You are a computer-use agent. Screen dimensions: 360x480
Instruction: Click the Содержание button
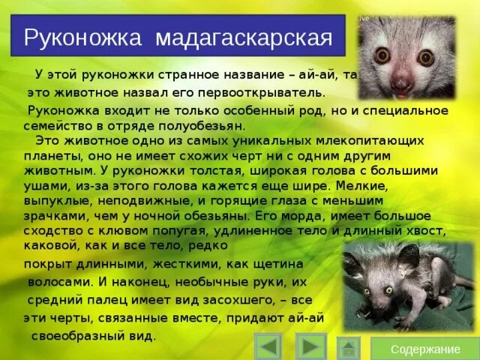(425, 349)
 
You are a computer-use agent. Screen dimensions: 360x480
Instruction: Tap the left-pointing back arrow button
(268, 346)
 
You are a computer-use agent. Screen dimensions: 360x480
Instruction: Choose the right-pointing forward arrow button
(310, 346)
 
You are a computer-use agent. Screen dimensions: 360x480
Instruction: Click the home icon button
(348, 347)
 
